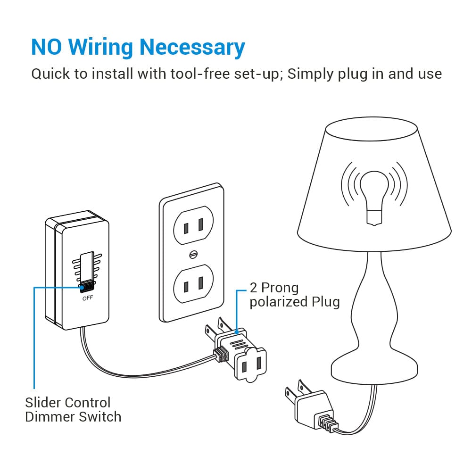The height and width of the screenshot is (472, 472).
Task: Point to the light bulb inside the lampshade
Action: [x=373, y=194]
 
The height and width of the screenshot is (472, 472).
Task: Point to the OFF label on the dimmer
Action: [x=88, y=298]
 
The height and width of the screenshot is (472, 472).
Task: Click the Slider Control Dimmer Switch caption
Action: [x=73, y=409]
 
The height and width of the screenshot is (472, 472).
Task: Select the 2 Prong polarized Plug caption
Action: [x=294, y=294]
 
